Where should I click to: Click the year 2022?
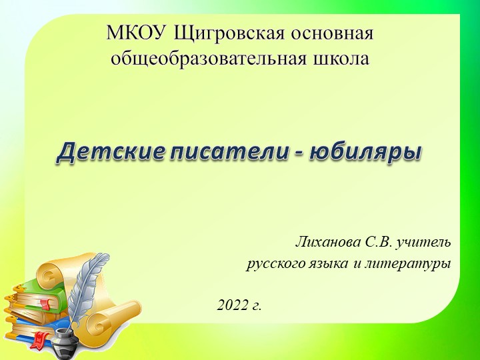click(231, 305)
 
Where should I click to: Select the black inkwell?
click(65, 336)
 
